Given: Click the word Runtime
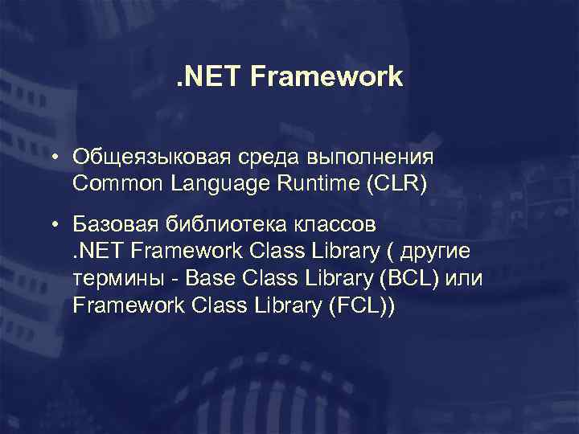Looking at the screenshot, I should click(x=316, y=184).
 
